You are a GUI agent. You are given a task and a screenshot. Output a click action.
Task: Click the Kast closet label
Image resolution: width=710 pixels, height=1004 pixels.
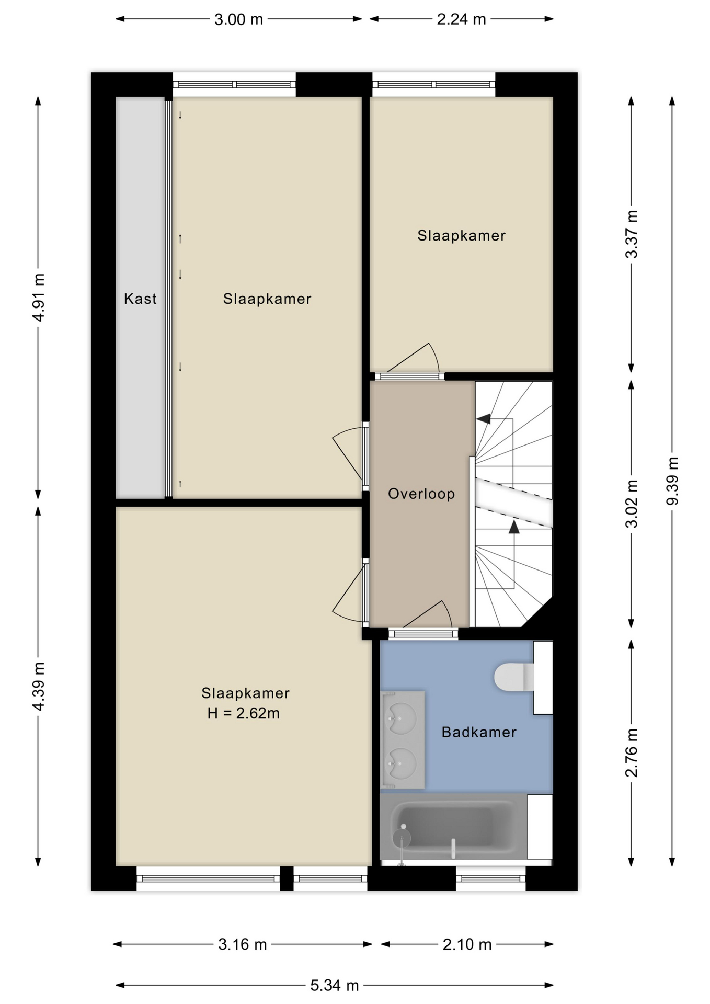point(140,299)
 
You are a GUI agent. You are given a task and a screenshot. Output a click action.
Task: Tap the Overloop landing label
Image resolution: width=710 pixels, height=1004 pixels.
point(421,494)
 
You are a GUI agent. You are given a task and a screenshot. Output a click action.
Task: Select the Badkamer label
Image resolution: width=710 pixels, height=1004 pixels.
point(479,732)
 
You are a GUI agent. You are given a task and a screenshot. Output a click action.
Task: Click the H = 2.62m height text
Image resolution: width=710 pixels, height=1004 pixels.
point(244,713)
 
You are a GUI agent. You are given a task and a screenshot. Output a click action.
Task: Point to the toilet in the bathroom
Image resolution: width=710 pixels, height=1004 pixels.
point(514,677)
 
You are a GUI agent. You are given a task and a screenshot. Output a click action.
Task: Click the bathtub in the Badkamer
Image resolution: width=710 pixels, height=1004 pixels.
point(453,827)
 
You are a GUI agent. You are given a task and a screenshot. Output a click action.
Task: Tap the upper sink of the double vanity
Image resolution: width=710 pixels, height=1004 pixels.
point(401,718)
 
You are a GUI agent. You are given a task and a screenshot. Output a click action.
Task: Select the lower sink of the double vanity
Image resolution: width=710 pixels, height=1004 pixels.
point(401,763)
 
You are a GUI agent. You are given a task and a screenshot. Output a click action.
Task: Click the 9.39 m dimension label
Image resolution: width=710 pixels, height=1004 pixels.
point(673,481)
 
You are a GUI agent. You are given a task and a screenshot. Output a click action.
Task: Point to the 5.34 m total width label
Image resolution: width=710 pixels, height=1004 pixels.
point(335,986)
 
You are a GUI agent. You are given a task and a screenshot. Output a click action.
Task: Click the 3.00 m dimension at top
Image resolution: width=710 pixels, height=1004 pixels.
point(238,19)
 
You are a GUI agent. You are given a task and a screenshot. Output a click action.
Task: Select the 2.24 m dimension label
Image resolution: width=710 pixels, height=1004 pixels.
point(462,19)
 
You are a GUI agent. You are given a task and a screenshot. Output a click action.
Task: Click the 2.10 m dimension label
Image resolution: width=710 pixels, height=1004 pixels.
point(467,944)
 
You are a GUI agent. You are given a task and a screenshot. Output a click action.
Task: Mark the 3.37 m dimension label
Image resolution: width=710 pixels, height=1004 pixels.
point(632,234)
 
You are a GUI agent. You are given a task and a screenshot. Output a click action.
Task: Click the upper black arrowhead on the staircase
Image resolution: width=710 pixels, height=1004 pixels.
point(483,419)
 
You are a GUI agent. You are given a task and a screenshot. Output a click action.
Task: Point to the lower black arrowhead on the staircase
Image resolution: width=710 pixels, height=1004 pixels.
point(514,527)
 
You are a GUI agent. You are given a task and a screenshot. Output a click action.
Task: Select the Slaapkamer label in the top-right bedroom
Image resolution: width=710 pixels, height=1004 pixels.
point(461,236)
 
